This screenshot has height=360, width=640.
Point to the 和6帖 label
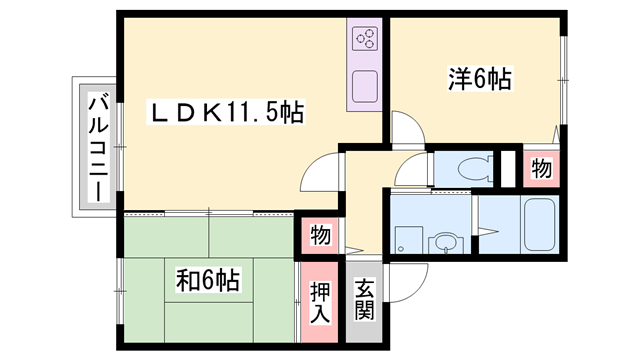click(207, 278)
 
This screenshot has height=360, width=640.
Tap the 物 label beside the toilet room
click(541, 169)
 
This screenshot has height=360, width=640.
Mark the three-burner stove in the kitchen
click(364, 39)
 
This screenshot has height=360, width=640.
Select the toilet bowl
click(466, 168)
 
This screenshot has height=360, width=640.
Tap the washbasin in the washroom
click(443, 241)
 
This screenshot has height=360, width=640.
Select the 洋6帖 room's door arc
click(404, 129)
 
